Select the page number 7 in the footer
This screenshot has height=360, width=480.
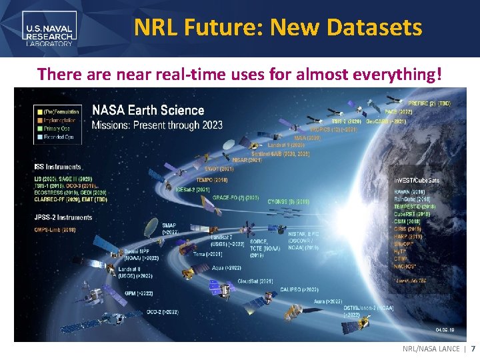coord(473,349)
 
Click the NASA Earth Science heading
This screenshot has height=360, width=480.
coord(148,110)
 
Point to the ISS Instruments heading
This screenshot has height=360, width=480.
coord(57,167)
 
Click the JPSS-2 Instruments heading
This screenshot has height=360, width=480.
coord(63,217)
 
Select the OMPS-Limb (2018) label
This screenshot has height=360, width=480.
coord(55,230)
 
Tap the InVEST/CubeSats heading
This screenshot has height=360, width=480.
coord(417,181)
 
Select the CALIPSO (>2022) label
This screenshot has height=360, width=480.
coord(299,290)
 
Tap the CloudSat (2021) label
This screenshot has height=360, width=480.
coord(255,281)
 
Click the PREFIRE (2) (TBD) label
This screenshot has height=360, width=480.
coord(429,104)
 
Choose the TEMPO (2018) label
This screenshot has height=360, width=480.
coord(212,180)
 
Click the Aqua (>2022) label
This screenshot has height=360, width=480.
coord(227,267)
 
